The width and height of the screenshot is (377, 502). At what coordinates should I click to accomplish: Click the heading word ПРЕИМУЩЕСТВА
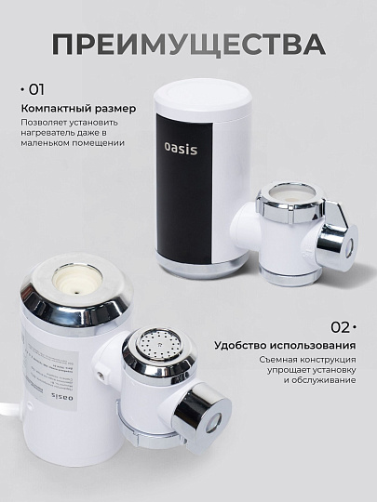tap(188, 44)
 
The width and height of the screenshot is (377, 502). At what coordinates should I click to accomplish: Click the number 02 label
tap(341, 326)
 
